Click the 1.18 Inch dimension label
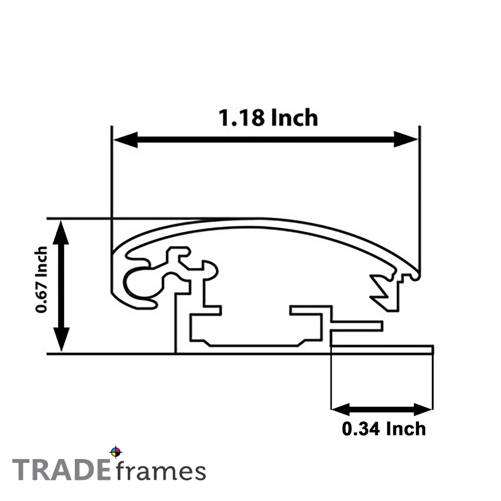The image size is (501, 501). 268,118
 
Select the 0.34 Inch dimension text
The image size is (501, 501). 383,429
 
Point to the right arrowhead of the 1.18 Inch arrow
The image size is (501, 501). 406,140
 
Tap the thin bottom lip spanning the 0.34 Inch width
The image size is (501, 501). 381,349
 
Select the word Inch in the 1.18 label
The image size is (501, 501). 294,118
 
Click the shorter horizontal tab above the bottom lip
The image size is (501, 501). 357,326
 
